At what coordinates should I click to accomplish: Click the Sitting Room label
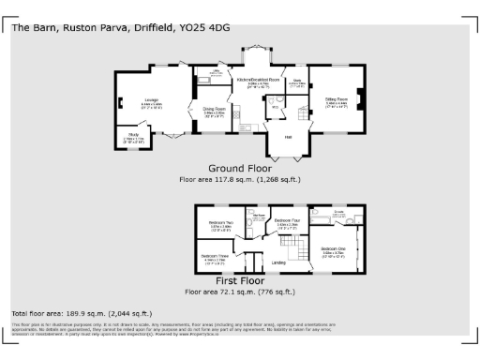337,98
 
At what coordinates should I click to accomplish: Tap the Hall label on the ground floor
289,138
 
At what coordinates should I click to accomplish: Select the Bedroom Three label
216,255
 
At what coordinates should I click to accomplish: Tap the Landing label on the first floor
278,262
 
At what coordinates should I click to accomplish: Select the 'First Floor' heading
239,280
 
